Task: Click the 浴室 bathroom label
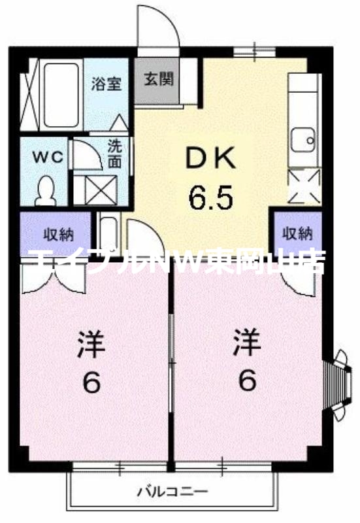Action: click(107, 84)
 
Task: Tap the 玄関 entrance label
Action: click(158, 80)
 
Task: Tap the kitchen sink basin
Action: click(302, 139)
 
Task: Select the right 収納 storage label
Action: click(297, 233)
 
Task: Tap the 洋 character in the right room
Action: click(246, 342)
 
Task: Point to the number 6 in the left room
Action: click(92, 382)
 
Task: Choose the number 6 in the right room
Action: click(246, 380)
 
